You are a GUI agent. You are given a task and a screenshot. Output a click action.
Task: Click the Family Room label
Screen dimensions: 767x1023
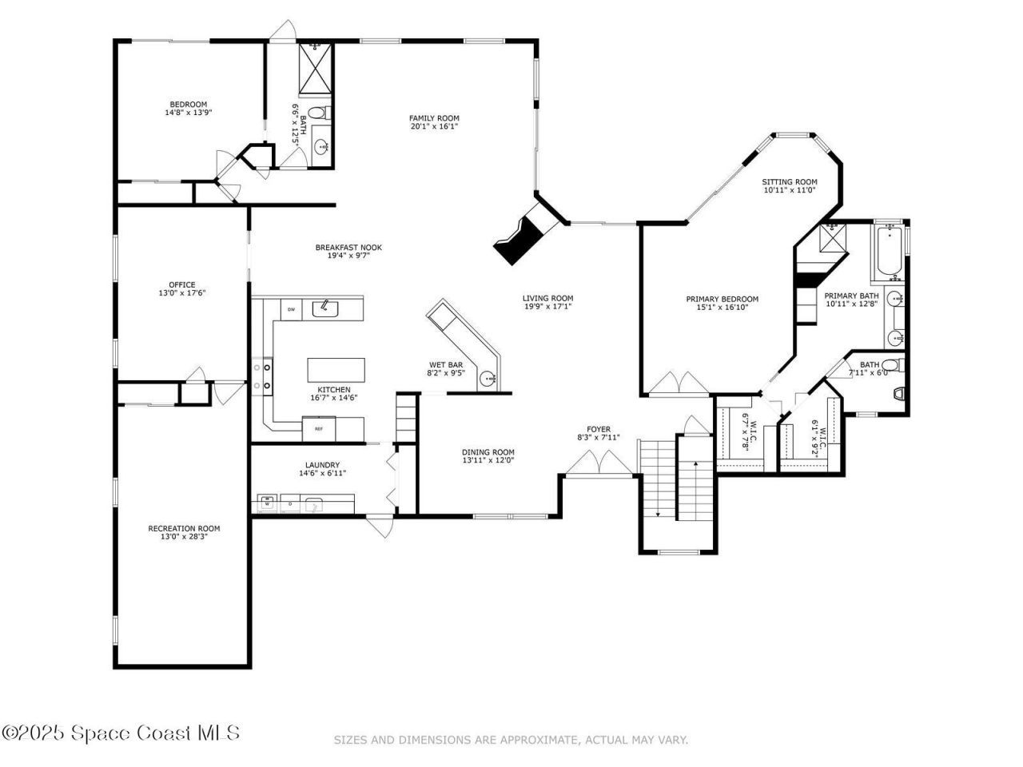tap(435, 118)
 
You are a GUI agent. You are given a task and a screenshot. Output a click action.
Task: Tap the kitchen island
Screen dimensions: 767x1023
tap(336, 370)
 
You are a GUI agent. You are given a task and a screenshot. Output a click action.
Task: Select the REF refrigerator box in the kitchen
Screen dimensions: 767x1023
tap(318, 429)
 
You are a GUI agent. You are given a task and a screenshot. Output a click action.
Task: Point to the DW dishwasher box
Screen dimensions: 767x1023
tap(291, 309)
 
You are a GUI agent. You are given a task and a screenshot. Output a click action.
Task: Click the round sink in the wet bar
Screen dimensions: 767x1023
tap(487, 379)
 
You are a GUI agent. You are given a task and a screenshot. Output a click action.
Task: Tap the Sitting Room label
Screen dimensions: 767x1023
tap(789, 181)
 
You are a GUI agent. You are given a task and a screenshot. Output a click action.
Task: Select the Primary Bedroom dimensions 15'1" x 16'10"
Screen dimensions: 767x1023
tap(722, 308)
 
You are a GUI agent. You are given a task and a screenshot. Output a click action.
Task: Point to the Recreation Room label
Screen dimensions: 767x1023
tap(184, 528)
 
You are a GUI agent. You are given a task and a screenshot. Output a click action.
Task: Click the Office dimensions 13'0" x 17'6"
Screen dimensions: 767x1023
tap(181, 293)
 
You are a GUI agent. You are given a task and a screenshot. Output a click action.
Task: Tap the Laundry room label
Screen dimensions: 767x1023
tap(322, 465)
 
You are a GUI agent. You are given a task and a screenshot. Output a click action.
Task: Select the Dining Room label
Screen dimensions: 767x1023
tap(488, 452)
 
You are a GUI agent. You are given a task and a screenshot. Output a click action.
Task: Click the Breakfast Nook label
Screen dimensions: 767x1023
tap(348, 248)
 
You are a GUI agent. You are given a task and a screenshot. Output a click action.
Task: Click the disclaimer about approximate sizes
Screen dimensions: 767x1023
tap(510, 741)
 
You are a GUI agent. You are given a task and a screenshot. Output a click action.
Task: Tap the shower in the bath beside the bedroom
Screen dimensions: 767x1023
tap(315, 70)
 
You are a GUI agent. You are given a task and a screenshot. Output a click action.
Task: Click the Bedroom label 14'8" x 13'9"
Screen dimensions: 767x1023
tap(188, 105)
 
